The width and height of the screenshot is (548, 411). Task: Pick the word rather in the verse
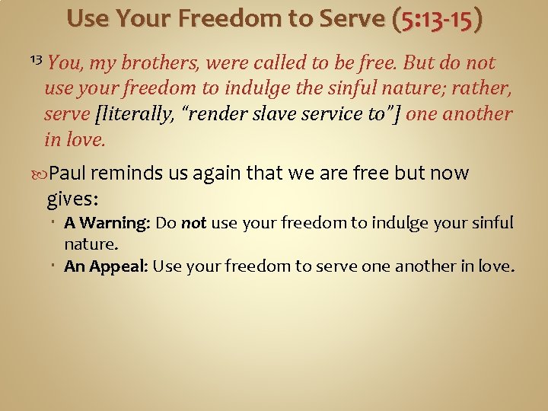point(484,88)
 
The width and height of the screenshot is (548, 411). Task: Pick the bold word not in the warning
point(193,224)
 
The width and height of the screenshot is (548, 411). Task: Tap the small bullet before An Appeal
point(57,266)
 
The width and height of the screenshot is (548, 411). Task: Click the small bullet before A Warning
point(57,224)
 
